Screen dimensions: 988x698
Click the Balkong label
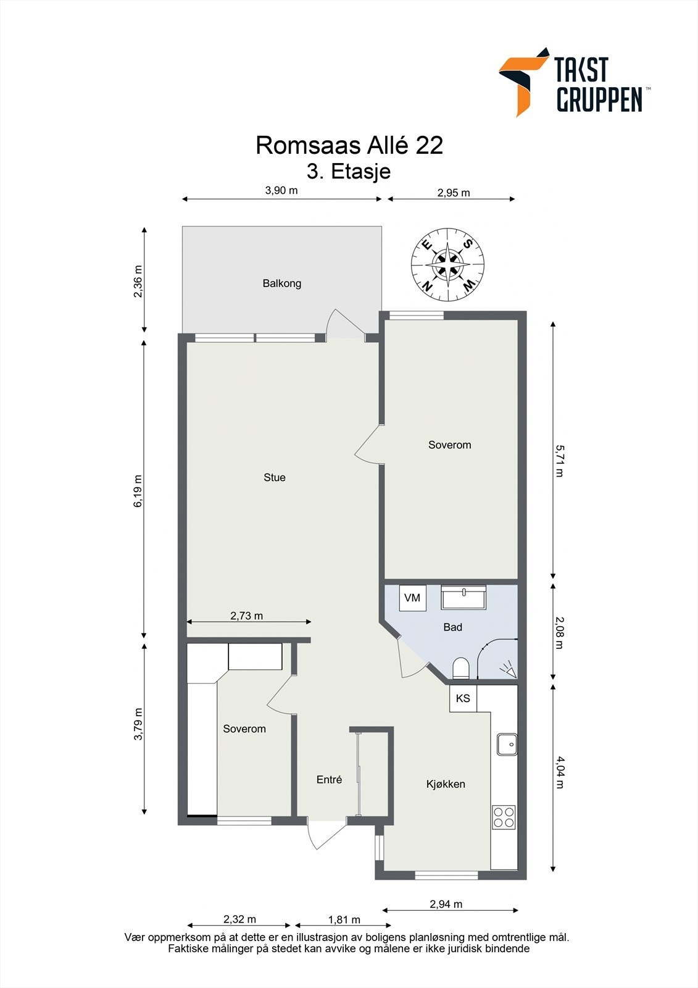tap(281, 283)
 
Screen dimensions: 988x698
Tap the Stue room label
tap(274, 477)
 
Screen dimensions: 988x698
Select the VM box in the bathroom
tap(412, 598)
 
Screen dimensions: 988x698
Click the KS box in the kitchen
tap(463, 698)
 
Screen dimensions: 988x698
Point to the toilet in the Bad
tap(461, 668)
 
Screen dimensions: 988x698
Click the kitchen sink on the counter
tap(507, 744)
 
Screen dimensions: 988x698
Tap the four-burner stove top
tap(504, 817)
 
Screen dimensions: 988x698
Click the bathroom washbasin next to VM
tap(463, 597)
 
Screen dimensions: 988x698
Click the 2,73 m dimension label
tap(247, 616)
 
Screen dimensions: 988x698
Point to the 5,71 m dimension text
tap(560, 461)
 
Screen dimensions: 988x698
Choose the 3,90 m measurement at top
tap(281, 190)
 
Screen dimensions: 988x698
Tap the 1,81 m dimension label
tap(344, 919)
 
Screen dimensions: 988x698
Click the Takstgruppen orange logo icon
tap(522, 81)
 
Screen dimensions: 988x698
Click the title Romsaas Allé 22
tap(349, 146)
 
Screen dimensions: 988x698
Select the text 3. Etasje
tap(349, 171)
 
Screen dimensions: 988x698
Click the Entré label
tap(329, 780)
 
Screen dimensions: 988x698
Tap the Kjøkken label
tap(446, 784)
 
